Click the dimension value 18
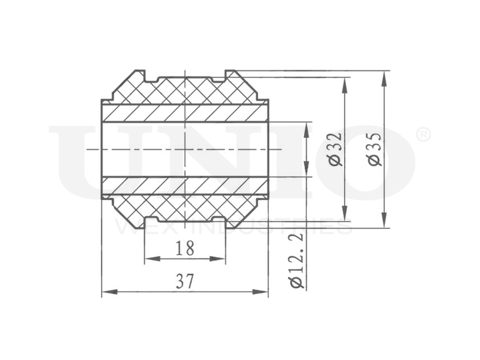pos(185,248)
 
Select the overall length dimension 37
pos(185,281)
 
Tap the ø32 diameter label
pos(336,149)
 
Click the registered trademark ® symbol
pos(422,135)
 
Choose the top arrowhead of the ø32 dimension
pos(344,83)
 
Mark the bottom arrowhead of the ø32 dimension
pos(344,216)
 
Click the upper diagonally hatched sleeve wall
pos(185,112)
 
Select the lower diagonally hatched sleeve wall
pos(185,185)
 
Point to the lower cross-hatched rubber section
pos(185,207)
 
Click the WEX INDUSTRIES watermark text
pos(233,227)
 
